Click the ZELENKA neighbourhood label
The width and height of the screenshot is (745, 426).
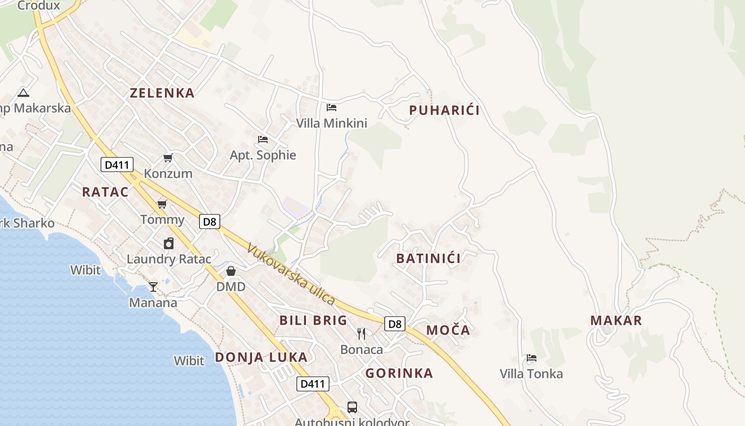[162, 93]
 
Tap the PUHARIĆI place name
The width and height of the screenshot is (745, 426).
[444, 110]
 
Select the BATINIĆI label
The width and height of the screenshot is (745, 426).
[428, 259]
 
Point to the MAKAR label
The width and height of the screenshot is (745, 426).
[616, 321]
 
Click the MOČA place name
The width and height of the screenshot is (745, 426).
[448, 330]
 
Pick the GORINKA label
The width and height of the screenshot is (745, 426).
[399, 373]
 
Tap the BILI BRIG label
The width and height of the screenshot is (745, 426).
[313, 321]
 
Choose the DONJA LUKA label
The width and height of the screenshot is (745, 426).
[261, 357]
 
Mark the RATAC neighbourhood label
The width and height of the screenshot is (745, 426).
[105, 192]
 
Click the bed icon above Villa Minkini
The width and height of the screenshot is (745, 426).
[332, 108]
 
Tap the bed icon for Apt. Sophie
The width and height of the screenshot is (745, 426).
[262, 140]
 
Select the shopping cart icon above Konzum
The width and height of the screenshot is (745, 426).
[168, 158]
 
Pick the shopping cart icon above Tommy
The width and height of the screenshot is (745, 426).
[162, 204]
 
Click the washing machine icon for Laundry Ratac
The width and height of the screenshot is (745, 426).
[169, 243]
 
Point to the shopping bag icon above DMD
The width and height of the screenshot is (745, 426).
[231, 271]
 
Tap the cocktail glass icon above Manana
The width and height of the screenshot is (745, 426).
[153, 287]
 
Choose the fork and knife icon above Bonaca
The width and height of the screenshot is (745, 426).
[361, 334]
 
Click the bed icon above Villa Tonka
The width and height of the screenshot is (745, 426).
[531, 358]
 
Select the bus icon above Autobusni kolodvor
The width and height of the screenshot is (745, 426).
[352, 407]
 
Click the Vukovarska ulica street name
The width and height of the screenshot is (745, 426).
[291, 275]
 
